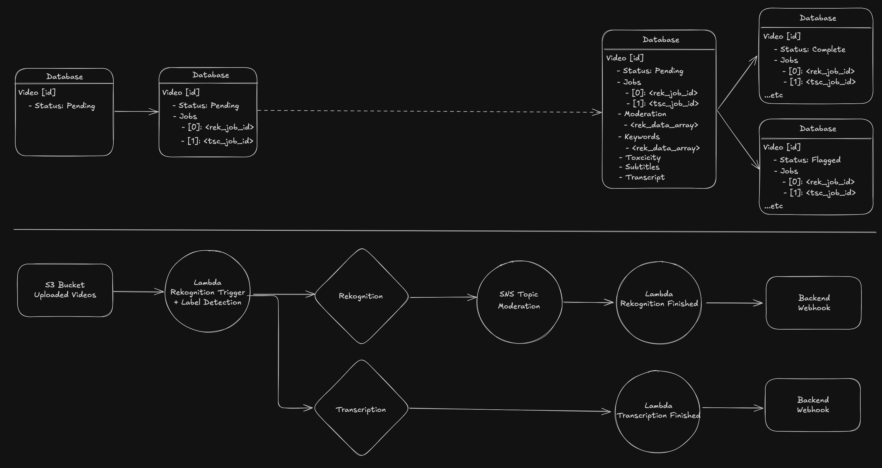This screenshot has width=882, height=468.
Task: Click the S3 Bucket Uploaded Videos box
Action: tap(65, 290)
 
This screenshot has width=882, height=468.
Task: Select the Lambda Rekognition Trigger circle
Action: tap(208, 292)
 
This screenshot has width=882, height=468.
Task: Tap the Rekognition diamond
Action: tap(361, 296)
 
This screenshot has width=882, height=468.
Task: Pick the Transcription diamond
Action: tap(361, 409)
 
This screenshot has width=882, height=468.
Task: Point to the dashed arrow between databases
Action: tap(428, 111)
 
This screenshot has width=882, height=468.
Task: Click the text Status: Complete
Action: tap(812, 49)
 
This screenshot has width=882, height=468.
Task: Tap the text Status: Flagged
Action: tap(810, 160)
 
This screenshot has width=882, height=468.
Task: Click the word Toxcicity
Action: tap(643, 158)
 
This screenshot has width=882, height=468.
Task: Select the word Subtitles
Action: tap(642, 167)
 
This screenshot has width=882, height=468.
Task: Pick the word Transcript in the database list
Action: tap(645, 177)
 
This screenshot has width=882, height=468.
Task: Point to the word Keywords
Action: tap(642, 137)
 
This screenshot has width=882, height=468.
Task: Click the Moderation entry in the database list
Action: tap(645, 114)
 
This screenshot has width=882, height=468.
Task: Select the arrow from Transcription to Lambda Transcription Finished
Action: tap(510, 410)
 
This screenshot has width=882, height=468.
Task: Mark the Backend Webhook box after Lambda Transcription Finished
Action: tap(813, 405)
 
